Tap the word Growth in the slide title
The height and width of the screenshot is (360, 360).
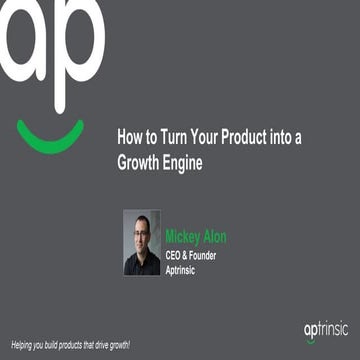click(x=142, y=161)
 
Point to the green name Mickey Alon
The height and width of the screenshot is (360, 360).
click(x=196, y=237)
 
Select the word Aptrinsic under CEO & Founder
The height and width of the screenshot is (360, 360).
click(x=185, y=268)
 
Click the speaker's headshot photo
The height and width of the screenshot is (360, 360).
click(x=141, y=242)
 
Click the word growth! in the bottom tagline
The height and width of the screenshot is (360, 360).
click(x=117, y=344)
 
